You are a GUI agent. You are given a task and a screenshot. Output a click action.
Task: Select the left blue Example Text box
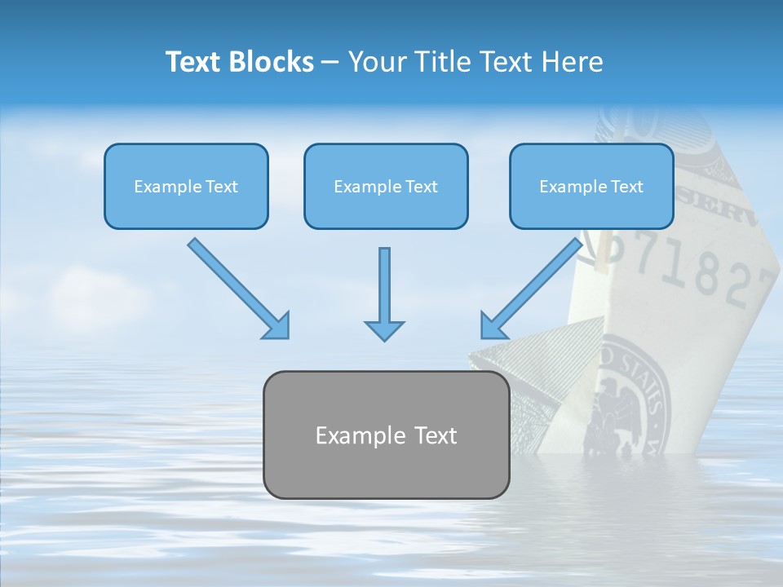pos(186,186)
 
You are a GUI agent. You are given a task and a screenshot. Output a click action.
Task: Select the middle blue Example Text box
pos(386,186)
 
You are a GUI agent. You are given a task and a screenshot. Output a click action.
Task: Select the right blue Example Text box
pos(591,186)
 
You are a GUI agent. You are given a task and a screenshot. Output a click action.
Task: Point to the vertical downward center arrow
pos(384,285)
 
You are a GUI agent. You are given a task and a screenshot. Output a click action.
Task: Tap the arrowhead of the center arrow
pos(384,330)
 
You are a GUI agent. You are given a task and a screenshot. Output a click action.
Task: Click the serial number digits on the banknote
pos(693,269)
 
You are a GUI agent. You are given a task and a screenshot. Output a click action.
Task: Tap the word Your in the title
pos(377,62)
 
